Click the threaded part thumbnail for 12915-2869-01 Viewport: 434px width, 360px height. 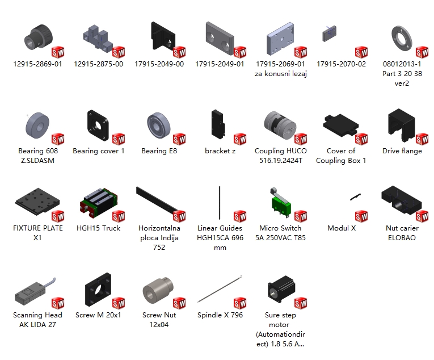click(39, 37)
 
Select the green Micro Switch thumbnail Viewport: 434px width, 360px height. click(280, 202)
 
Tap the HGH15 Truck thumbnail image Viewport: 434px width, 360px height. click(99, 202)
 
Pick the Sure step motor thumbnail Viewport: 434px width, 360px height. click(281, 290)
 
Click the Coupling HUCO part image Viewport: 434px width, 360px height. click(280, 125)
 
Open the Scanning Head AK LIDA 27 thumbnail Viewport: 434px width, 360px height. click(35, 291)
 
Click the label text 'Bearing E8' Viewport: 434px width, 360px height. click(159, 151)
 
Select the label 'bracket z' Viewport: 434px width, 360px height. click(220, 151)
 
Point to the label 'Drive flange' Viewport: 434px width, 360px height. click(402, 151)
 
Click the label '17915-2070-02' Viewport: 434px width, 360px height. click(342, 64)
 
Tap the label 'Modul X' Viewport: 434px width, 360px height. click(342, 228)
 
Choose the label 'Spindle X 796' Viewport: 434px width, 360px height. click(220, 315)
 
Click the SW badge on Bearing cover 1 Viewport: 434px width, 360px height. click(119, 139)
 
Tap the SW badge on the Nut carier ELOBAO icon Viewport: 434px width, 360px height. click(422, 216)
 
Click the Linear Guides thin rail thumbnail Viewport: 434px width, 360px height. click(220, 203)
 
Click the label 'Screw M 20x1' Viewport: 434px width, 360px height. click(98, 315)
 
